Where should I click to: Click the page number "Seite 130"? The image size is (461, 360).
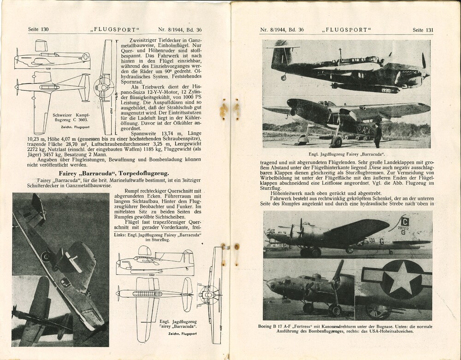(38, 30)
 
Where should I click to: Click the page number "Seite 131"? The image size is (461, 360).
(423, 30)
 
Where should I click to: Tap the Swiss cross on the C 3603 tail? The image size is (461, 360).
(85, 58)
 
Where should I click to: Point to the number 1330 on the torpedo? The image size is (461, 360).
(386, 90)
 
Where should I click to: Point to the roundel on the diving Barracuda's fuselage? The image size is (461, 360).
(46, 256)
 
